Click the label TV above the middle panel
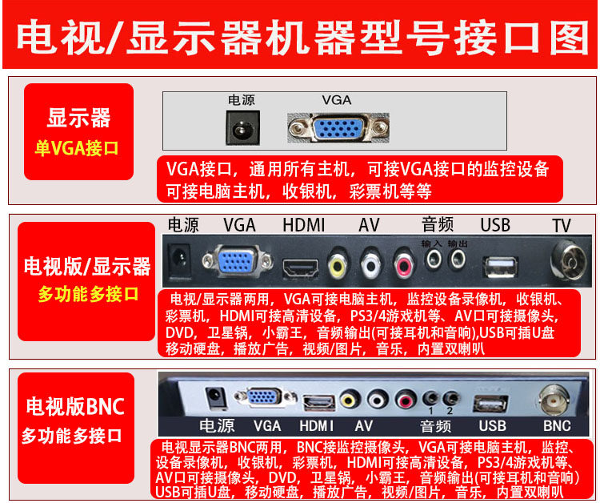coord(563,226)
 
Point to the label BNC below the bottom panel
coord(557,425)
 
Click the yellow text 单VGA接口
coord(76,148)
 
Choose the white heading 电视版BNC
coord(74,406)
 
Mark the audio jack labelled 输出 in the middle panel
coord(458,260)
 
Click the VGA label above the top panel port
coord(336,100)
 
